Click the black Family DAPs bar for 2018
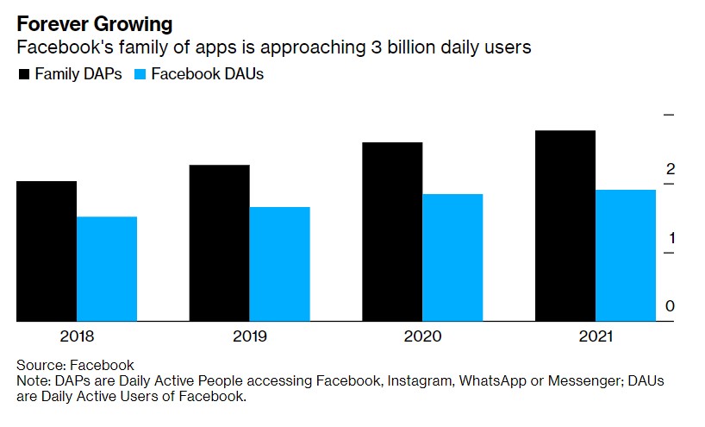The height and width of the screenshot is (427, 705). [x=47, y=251]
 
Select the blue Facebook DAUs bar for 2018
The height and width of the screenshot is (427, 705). [x=107, y=268]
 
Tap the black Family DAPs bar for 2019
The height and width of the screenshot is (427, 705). [x=220, y=242]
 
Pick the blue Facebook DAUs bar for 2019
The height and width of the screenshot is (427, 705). [x=280, y=264]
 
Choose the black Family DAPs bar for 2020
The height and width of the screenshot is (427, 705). [x=392, y=231]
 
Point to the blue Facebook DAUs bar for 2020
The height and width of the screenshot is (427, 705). [x=452, y=257]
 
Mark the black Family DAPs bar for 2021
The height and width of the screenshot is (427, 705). [x=565, y=226]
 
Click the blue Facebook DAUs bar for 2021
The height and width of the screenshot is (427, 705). [x=625, y=255]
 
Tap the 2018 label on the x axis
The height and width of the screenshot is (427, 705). [x=78, y=336]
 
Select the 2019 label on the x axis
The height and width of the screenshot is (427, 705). [x=250, y=336]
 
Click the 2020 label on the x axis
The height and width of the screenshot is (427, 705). [x=422, y=336]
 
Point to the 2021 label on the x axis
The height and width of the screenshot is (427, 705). [x=595, y=336]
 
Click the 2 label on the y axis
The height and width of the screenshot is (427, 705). [x=670, y=169]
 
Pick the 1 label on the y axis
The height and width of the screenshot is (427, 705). [x=670, y=238]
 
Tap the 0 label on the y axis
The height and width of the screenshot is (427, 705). [x=670, y=306]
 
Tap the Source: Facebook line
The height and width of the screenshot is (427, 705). [x=75, y=365]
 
